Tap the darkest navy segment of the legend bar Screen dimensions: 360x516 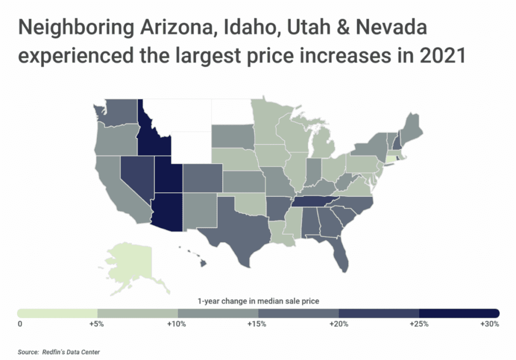[459, 313]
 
